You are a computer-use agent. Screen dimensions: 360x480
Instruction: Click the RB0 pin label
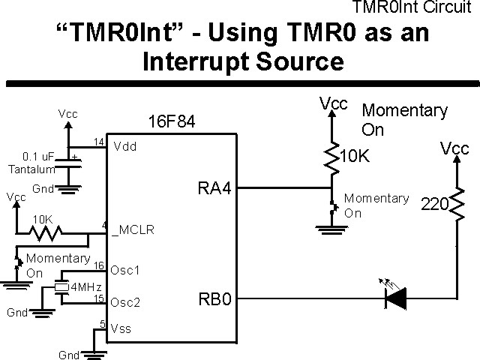click(x=214, y=300)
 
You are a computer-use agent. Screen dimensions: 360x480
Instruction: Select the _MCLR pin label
click(x=133, y=230)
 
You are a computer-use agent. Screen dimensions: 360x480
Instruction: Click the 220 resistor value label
click(x=434, y=204)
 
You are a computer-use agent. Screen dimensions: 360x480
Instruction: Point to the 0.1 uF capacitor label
click(x=38, y=157)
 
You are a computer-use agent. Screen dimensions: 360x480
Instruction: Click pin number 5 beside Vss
click(x=103, y=324)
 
